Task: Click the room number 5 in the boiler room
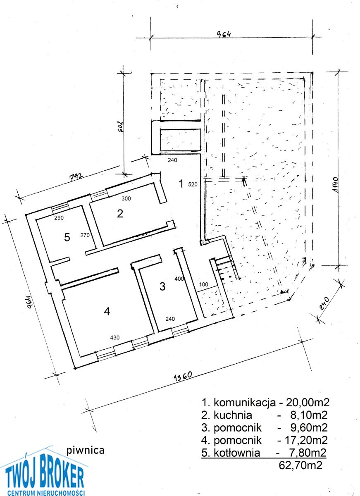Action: pyautogui.click(x=67, y=238)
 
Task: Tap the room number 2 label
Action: pyautogui.click(x=120, y=213)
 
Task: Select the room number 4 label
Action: pyautogui.click(x=107, y=312)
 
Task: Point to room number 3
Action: pyautogui.click(x=162, y=286)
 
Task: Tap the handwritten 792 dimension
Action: pyautogui.click(x=76, y=177)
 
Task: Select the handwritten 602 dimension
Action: pyautogui.click(x=121, y=126)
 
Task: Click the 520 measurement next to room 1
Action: pyautogui.click(x=192, y=184)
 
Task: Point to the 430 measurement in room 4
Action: pyautogui.click(x=114, y=337)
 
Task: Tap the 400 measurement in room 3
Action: pyautogui.click(x=179, y=279)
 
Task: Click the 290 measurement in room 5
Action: pyautogui.click(x=59, y=218)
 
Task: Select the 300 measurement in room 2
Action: pyautogui.click(x=126, y=199)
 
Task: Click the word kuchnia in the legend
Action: pyautogui.click(x=233, y=415)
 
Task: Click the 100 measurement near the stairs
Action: pyautogui.click(x=204, y=284)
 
